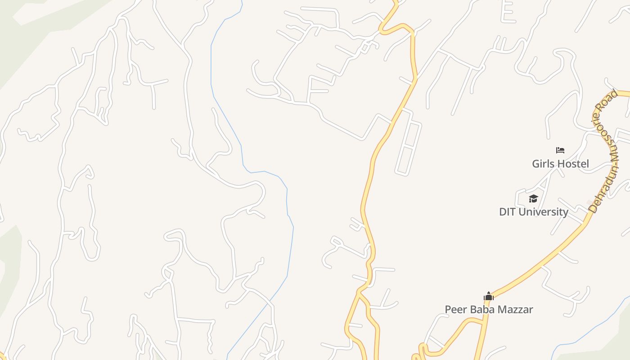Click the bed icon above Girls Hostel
coord(560,150)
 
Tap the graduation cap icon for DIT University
coord(533,198)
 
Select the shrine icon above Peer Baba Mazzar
coord(489,296)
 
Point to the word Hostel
coord(573,164)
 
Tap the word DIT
coord(508,212)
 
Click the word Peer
coord(455,310)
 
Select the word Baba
coord(480,310)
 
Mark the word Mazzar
coord(515,310)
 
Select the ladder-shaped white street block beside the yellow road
coord(408,142)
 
